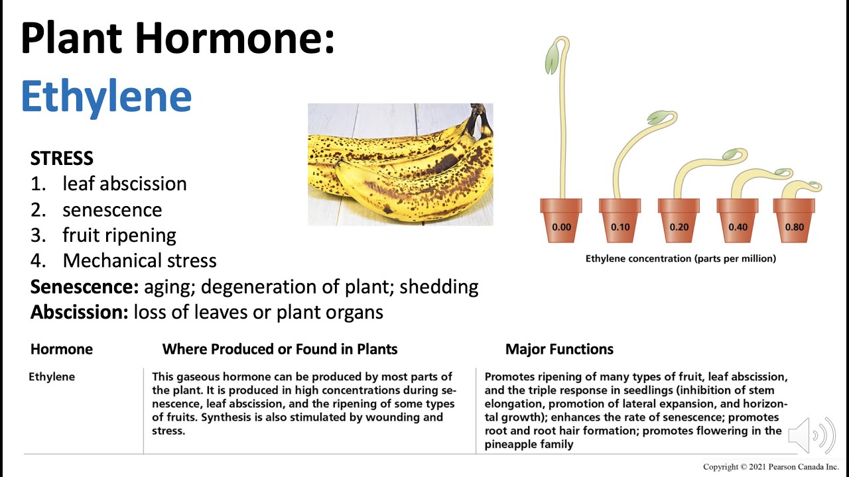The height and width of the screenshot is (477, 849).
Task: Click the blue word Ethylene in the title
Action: pos(106,96)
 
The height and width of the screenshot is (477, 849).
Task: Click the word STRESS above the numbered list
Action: pos(62,158)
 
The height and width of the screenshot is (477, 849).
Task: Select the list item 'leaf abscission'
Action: pos(124,184)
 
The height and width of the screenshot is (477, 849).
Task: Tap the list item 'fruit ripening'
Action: pos(119,235)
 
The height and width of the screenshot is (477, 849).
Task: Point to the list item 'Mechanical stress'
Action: pos(139,260)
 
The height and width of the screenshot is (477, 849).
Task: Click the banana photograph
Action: pos(400,164)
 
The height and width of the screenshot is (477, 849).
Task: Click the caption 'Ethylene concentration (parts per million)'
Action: pos(681,258)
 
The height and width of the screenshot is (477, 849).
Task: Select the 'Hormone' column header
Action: pos(62,349)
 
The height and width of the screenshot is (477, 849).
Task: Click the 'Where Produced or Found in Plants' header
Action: pos(280,349)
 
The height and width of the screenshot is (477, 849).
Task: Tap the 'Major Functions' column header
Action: pos(559,349)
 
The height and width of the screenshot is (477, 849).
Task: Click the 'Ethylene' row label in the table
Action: pos(52,377)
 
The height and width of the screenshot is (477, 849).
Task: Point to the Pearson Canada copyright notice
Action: pos(771,467)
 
